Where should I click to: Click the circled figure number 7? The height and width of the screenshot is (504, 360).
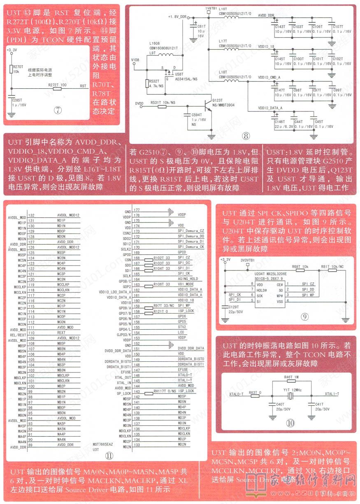coord(58,110)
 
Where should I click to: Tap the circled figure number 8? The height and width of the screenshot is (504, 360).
coord(246,135)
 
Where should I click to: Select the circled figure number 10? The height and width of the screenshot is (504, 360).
coord(291,423)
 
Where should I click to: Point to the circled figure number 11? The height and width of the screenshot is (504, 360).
coord(109,455)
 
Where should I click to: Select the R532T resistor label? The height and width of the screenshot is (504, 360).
coord(154,81)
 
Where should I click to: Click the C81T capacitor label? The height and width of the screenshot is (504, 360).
coord(201,26)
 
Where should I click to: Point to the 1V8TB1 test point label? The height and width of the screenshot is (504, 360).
coord(211,8)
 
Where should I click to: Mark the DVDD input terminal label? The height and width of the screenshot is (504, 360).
coord(139,103)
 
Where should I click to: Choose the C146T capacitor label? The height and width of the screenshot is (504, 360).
coord(280,122)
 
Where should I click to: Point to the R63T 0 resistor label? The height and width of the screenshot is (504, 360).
coord(255,393)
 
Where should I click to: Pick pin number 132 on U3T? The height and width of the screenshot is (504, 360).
coord(31,215)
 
